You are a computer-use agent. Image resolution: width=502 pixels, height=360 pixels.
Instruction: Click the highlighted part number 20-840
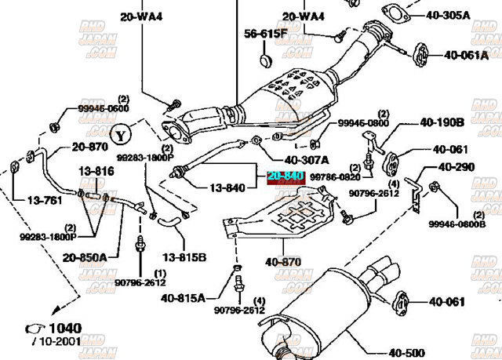tap(285, 176)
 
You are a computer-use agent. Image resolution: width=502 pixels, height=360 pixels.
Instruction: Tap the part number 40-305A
tap(447, 14)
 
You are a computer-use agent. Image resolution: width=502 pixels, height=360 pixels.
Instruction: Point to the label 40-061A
tap(467, 55)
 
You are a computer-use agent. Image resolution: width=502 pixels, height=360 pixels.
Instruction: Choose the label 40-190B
tap(442, 122)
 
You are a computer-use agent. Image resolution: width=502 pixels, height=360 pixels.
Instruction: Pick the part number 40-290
tap(457, 167)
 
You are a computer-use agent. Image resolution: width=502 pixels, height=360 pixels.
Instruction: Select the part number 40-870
tap(283, 261)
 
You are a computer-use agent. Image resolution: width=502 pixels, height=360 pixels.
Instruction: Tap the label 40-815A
tap(184, 298)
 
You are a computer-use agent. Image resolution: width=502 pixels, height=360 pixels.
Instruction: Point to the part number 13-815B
tap(184, 256)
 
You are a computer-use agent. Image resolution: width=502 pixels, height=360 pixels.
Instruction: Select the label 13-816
tap(95, 171)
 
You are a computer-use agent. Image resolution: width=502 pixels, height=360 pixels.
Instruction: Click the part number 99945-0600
tap(103, 108)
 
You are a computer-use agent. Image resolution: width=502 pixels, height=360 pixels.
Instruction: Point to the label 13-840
tap(227, 188)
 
